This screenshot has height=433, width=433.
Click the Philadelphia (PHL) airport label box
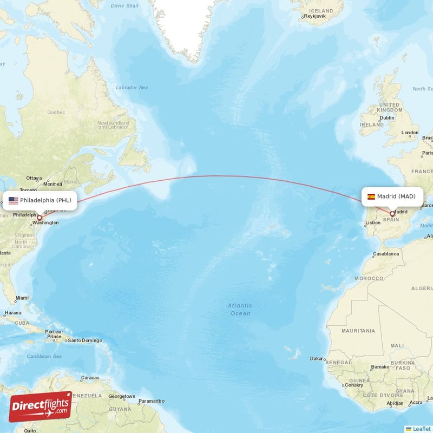coord(40,200)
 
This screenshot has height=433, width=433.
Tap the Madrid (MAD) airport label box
coord(392,196)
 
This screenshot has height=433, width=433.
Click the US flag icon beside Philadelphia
coord(14,200)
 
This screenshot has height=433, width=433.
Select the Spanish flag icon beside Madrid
coord(371,196)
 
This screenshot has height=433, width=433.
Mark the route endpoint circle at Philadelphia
coord(39,218)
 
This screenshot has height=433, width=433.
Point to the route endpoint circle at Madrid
coord(392,214)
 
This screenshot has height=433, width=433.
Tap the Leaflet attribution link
coord(421,429)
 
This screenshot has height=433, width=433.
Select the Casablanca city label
coord(385,253)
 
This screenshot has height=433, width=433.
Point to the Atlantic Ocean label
coord(240,309)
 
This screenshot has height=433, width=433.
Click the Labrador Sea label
coord(132,87)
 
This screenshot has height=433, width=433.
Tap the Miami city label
coord(22,298)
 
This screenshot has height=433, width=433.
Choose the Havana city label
coord(12,313)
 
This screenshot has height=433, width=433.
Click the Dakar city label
coord(317,358)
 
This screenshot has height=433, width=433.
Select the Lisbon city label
coord(373,222)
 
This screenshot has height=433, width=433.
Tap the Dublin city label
coord(386,117)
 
